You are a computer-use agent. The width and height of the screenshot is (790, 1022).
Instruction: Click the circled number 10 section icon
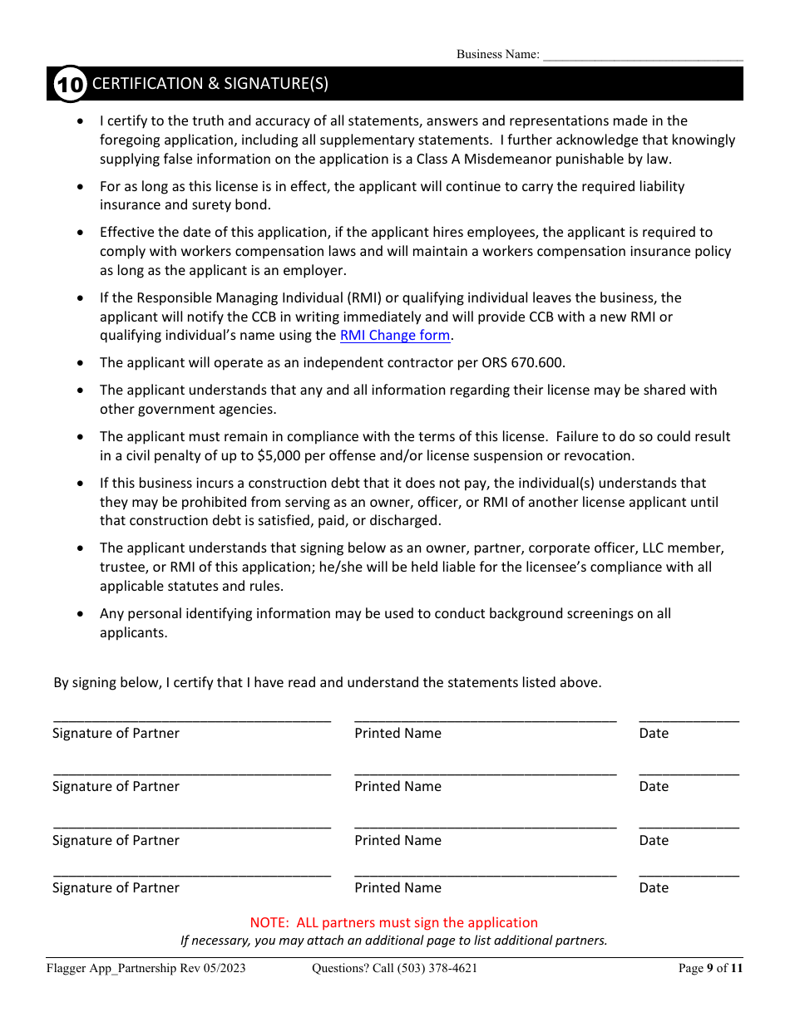pos(70,84)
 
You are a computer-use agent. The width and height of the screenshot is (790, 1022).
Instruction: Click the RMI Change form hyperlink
pos(395,336)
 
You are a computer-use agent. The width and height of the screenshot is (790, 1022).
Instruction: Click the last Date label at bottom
pos(654,887)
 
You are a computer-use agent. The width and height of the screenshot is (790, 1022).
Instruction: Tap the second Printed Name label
pos(397,786)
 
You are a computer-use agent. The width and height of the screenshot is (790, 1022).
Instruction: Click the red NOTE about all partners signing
pos(393,922)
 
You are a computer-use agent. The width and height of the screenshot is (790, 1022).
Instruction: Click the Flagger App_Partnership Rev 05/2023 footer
pos(146,968)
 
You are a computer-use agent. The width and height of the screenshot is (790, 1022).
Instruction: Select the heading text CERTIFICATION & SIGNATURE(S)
pos(210,83)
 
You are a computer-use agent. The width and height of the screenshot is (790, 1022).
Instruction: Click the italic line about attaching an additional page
pos(393,941)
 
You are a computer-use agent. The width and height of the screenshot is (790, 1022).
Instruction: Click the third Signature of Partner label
pos(116,840)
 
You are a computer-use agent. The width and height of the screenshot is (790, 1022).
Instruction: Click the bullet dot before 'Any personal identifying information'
pos(80,613)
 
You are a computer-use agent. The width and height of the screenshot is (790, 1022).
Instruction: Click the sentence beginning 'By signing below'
pos(327,682)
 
